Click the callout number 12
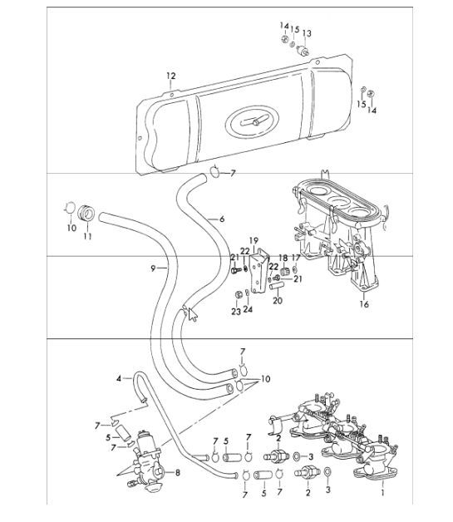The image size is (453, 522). point(170,76)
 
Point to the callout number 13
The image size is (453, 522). point(307,33)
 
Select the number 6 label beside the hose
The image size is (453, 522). point(222,219)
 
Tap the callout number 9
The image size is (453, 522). point(153,268)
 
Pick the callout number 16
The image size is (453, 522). point(362,305)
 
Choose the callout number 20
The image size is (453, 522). point(278,300)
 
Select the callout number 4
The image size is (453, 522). point(119,379)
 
